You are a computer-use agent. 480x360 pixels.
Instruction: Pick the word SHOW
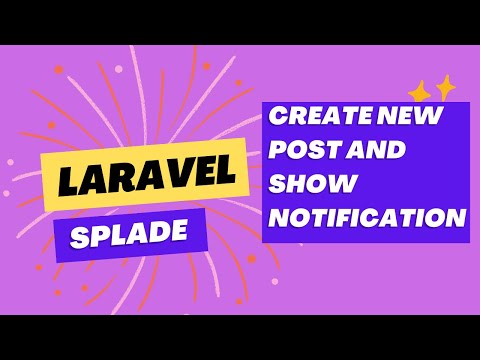[309, 185]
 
